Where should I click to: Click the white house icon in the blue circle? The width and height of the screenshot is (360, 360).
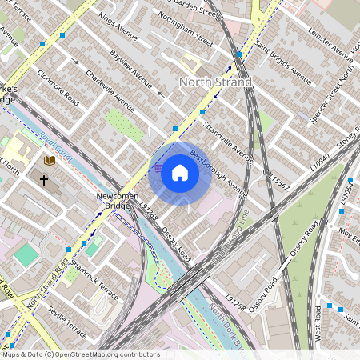pos(180,173)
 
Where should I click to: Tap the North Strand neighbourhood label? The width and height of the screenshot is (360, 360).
pos(215,82)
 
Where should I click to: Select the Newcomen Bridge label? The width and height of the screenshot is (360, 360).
pos(111,201)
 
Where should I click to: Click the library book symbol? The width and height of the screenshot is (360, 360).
pos(50,161)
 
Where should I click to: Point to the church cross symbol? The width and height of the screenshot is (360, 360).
pos(44,181)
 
